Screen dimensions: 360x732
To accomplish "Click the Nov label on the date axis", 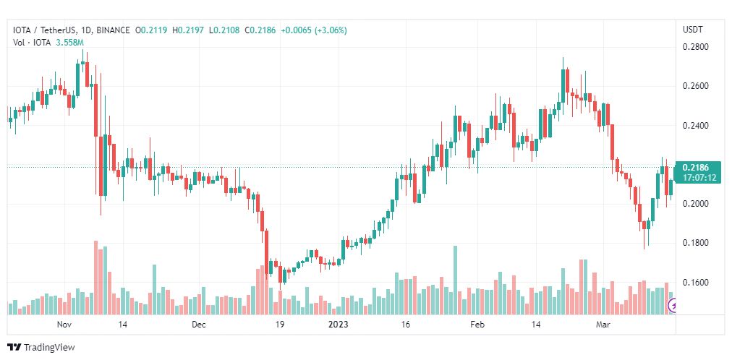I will (x=65, y=325).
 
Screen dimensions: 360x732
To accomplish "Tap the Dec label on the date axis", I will (x=200, y=325).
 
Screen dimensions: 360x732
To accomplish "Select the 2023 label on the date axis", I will (x=339, y=325).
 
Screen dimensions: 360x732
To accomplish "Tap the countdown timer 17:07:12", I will (x=697, y=177).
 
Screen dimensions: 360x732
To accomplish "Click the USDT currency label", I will (x=693, y=30).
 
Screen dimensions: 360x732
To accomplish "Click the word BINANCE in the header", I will (x=113, y=30).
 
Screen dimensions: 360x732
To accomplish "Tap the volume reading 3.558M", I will (x=63, y=42).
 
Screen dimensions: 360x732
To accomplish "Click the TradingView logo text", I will (x=49, y=348).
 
